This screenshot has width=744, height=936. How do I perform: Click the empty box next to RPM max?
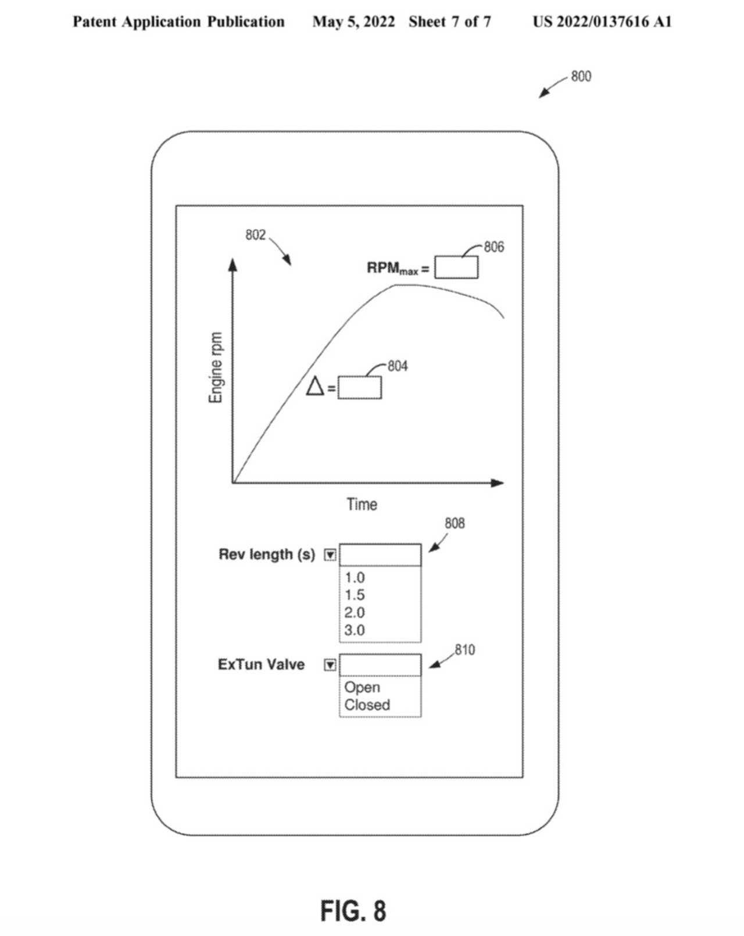(456, 267)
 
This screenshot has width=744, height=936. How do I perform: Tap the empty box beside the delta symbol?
(360, 387)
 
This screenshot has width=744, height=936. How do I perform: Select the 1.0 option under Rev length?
(355, 578)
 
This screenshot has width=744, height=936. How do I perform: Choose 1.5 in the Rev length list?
(355, 595)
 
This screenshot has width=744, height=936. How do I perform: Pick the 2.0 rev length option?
(355, 612)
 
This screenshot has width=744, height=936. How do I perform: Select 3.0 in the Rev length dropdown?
(355, 630)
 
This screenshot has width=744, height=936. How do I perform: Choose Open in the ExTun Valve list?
(362, 688)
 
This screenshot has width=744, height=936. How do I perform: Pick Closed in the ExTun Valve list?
(367, 705)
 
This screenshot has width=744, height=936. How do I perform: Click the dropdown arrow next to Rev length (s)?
(331, 555)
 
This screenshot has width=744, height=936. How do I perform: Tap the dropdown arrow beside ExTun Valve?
(331, 665)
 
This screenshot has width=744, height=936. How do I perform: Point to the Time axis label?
(362, 505)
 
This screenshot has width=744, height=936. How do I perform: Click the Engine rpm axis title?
(216, 367)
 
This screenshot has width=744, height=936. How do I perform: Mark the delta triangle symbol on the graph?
(315, 386)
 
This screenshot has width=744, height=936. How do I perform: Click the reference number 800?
(581, 77)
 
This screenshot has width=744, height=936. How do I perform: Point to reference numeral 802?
(255, 235)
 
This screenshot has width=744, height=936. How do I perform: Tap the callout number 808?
(455, 524)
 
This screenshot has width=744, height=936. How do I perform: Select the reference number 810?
(465, 650)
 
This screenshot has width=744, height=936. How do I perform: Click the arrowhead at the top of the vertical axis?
(233, 265)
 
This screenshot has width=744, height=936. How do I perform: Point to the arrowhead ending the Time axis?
(498, 483)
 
